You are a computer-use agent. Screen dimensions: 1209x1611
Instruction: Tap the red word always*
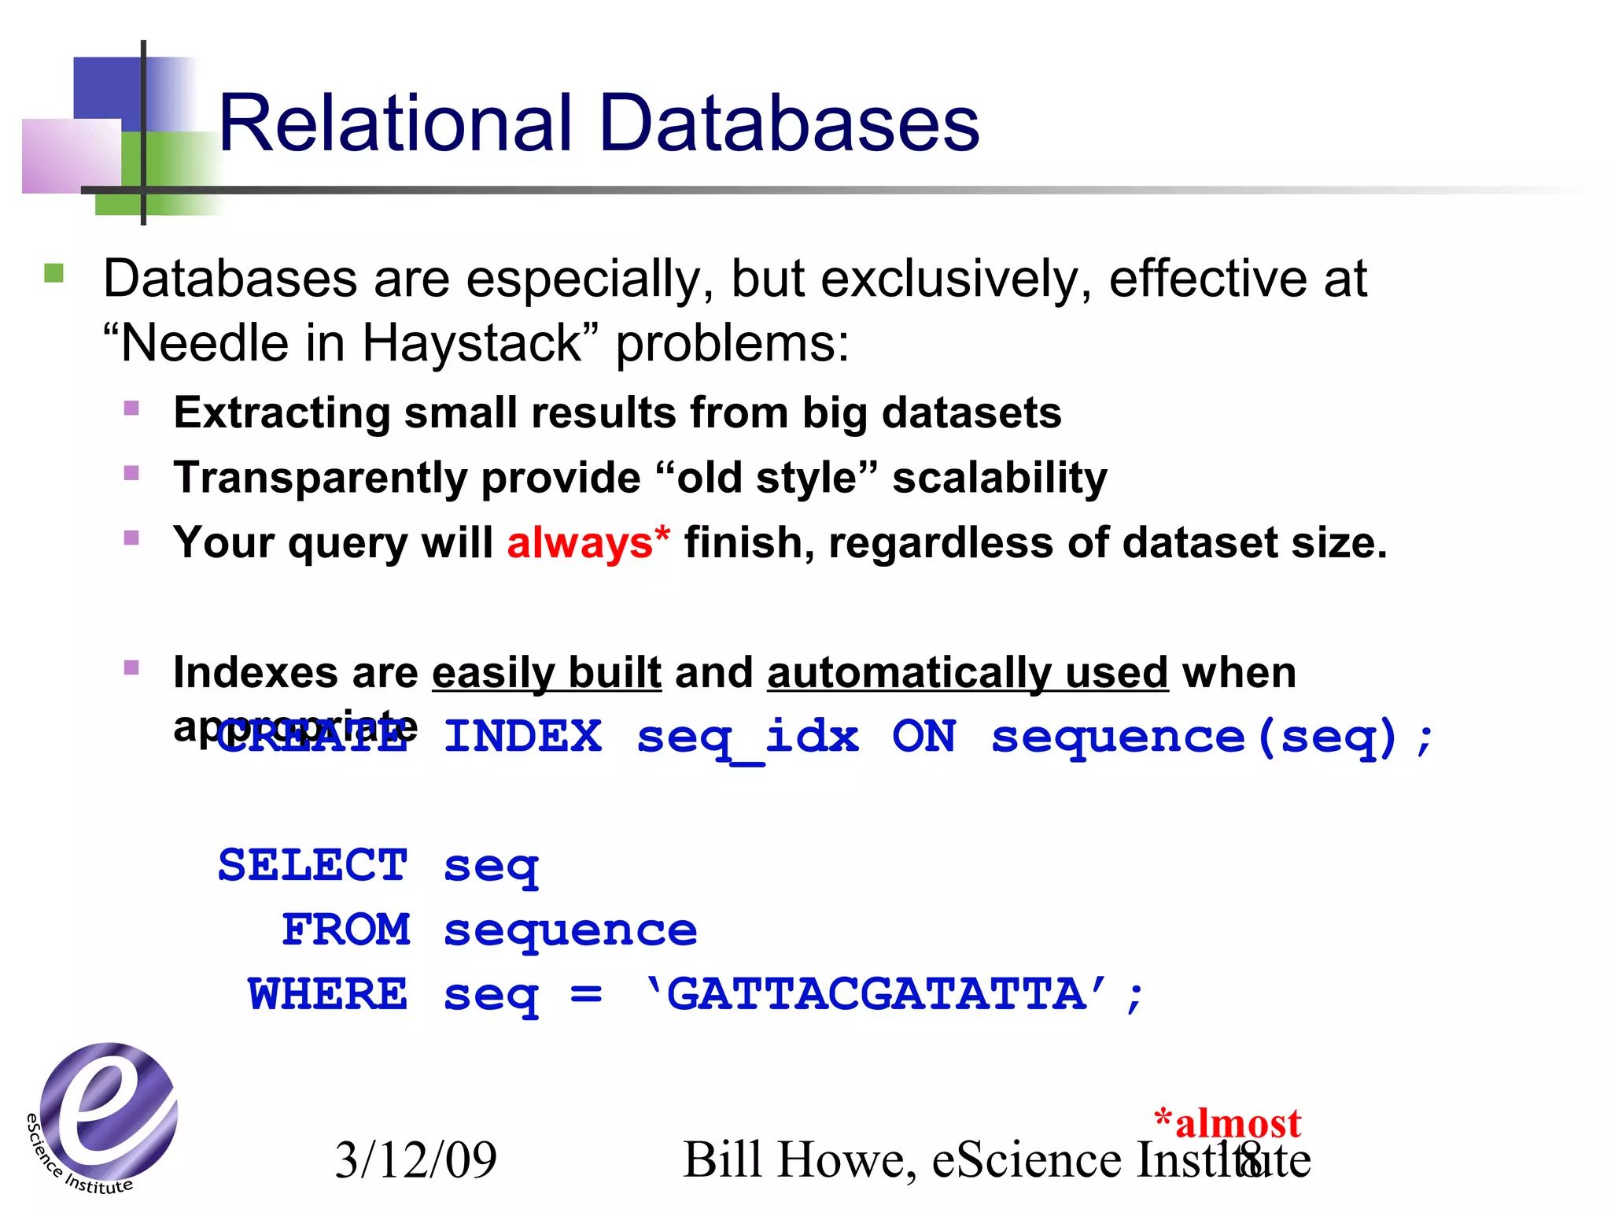click(588, 543)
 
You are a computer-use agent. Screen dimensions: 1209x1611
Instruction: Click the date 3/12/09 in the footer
click(415, 1160)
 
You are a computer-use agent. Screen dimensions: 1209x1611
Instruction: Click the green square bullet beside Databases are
click(53, 274)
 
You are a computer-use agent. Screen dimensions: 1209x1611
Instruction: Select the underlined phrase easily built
click(547, 673)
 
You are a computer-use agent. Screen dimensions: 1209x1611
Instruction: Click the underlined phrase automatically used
click(968, 673)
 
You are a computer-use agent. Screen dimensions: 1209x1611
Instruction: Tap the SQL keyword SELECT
click(313, 866)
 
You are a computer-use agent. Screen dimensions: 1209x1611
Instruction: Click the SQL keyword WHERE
click(328, 995)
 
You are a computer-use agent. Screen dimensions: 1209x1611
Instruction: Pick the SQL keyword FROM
click(346, 930)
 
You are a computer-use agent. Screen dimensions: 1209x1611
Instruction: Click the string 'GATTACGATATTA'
click(877, 995)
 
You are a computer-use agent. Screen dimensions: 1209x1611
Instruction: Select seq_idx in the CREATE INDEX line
click(747, 738)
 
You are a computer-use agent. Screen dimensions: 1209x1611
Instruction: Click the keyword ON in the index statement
click(923, 738)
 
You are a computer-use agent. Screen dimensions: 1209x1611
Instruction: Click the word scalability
click(999, 479)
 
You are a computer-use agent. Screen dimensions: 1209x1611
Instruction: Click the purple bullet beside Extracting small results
click(131, 409)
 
